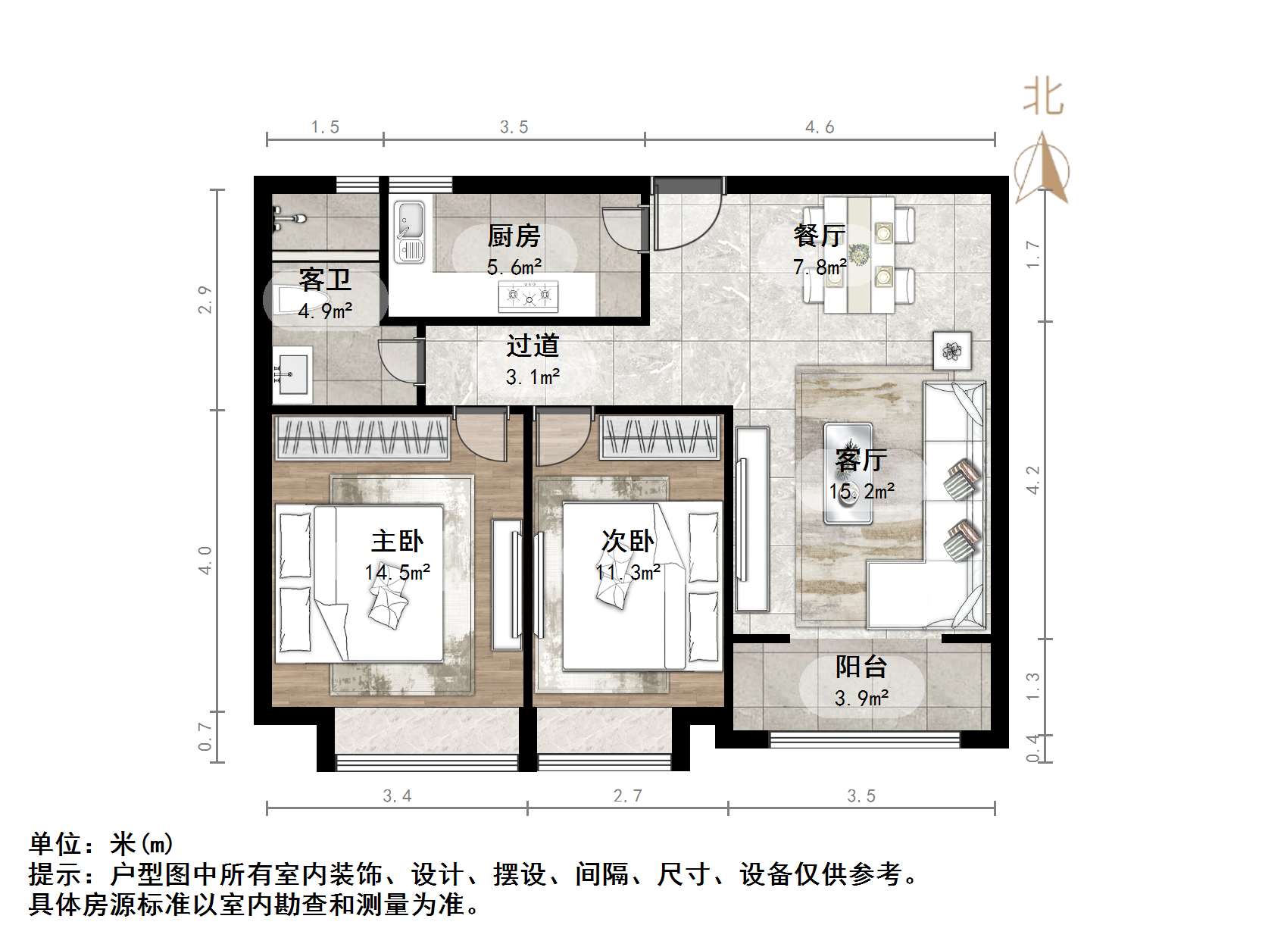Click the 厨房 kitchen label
(x=514, y=236)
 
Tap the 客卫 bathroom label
(x=325, y=280)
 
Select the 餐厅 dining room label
(x=819, y=236)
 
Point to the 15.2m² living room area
(x=862, y=491)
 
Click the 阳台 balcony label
(x=861, y=667)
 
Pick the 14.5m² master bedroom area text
(x=398, y=572)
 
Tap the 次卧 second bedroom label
(x=627, y=541)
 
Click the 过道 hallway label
(x=533, y=345)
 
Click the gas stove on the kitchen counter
(x=528, y=295)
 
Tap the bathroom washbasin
(x=292, y=372)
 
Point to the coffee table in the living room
(x=848, y=474)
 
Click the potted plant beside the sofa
(x=952, y=351)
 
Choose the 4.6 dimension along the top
(x=820, y=127)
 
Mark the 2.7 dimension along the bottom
(x=627, y=795)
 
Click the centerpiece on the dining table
(x=859, y=254)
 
